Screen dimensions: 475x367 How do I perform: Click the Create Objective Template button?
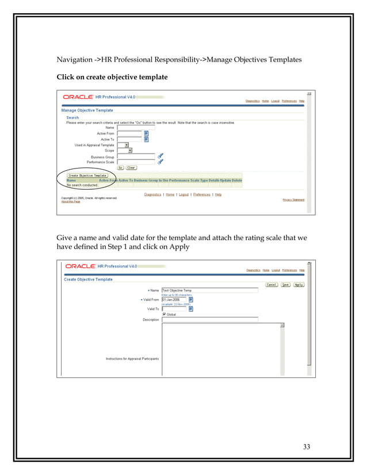[x=87, y=175]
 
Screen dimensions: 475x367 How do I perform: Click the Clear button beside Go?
[x=131, y=168]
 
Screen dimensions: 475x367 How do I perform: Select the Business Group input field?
[x=136, y=156]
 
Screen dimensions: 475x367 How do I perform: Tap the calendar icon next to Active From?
[x=146, y=133]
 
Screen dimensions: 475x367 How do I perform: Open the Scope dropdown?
[x=129, y=151]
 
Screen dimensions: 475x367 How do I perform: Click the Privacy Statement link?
[x=293, y=200]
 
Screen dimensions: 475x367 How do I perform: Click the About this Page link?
[x=71, y=201]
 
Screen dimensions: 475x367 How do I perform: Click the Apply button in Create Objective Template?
[x=299, y=285]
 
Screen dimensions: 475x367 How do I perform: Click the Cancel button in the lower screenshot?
[x=271, y=285]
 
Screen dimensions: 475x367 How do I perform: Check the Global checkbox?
[x=164, y=315]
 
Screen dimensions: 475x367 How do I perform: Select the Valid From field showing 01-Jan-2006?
[x=174, y=300]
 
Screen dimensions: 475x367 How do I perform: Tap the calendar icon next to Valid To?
[x=191, y=309]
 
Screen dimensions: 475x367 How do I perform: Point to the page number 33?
[x=306, y=447]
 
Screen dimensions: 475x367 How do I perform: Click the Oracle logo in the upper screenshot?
[x=79, y=97]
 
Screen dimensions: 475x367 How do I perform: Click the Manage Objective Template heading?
[x=87, y=110]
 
